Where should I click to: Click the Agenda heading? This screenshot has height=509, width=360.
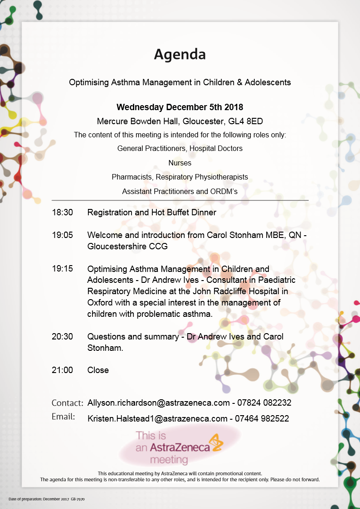coord(180,54)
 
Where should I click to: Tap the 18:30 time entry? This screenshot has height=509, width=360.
coord(63,212)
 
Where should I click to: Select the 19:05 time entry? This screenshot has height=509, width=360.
coord(63,235)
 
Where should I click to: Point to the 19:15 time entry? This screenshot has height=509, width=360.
coord(63,269)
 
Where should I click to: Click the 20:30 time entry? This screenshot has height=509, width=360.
coord(63,337)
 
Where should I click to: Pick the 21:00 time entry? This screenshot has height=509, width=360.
coord(63,370)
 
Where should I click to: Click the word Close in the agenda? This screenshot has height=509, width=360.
coord(98,370)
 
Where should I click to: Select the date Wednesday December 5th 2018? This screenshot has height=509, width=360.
coord(180,107)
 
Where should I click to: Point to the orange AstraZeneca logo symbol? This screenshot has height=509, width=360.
coord(216,443)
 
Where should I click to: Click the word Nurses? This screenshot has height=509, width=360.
coord(180,163)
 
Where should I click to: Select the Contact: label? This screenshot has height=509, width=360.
coord(67,403)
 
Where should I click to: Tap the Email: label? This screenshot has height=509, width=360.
coord(63,417)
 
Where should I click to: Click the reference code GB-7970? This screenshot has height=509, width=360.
coord(78,499)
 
